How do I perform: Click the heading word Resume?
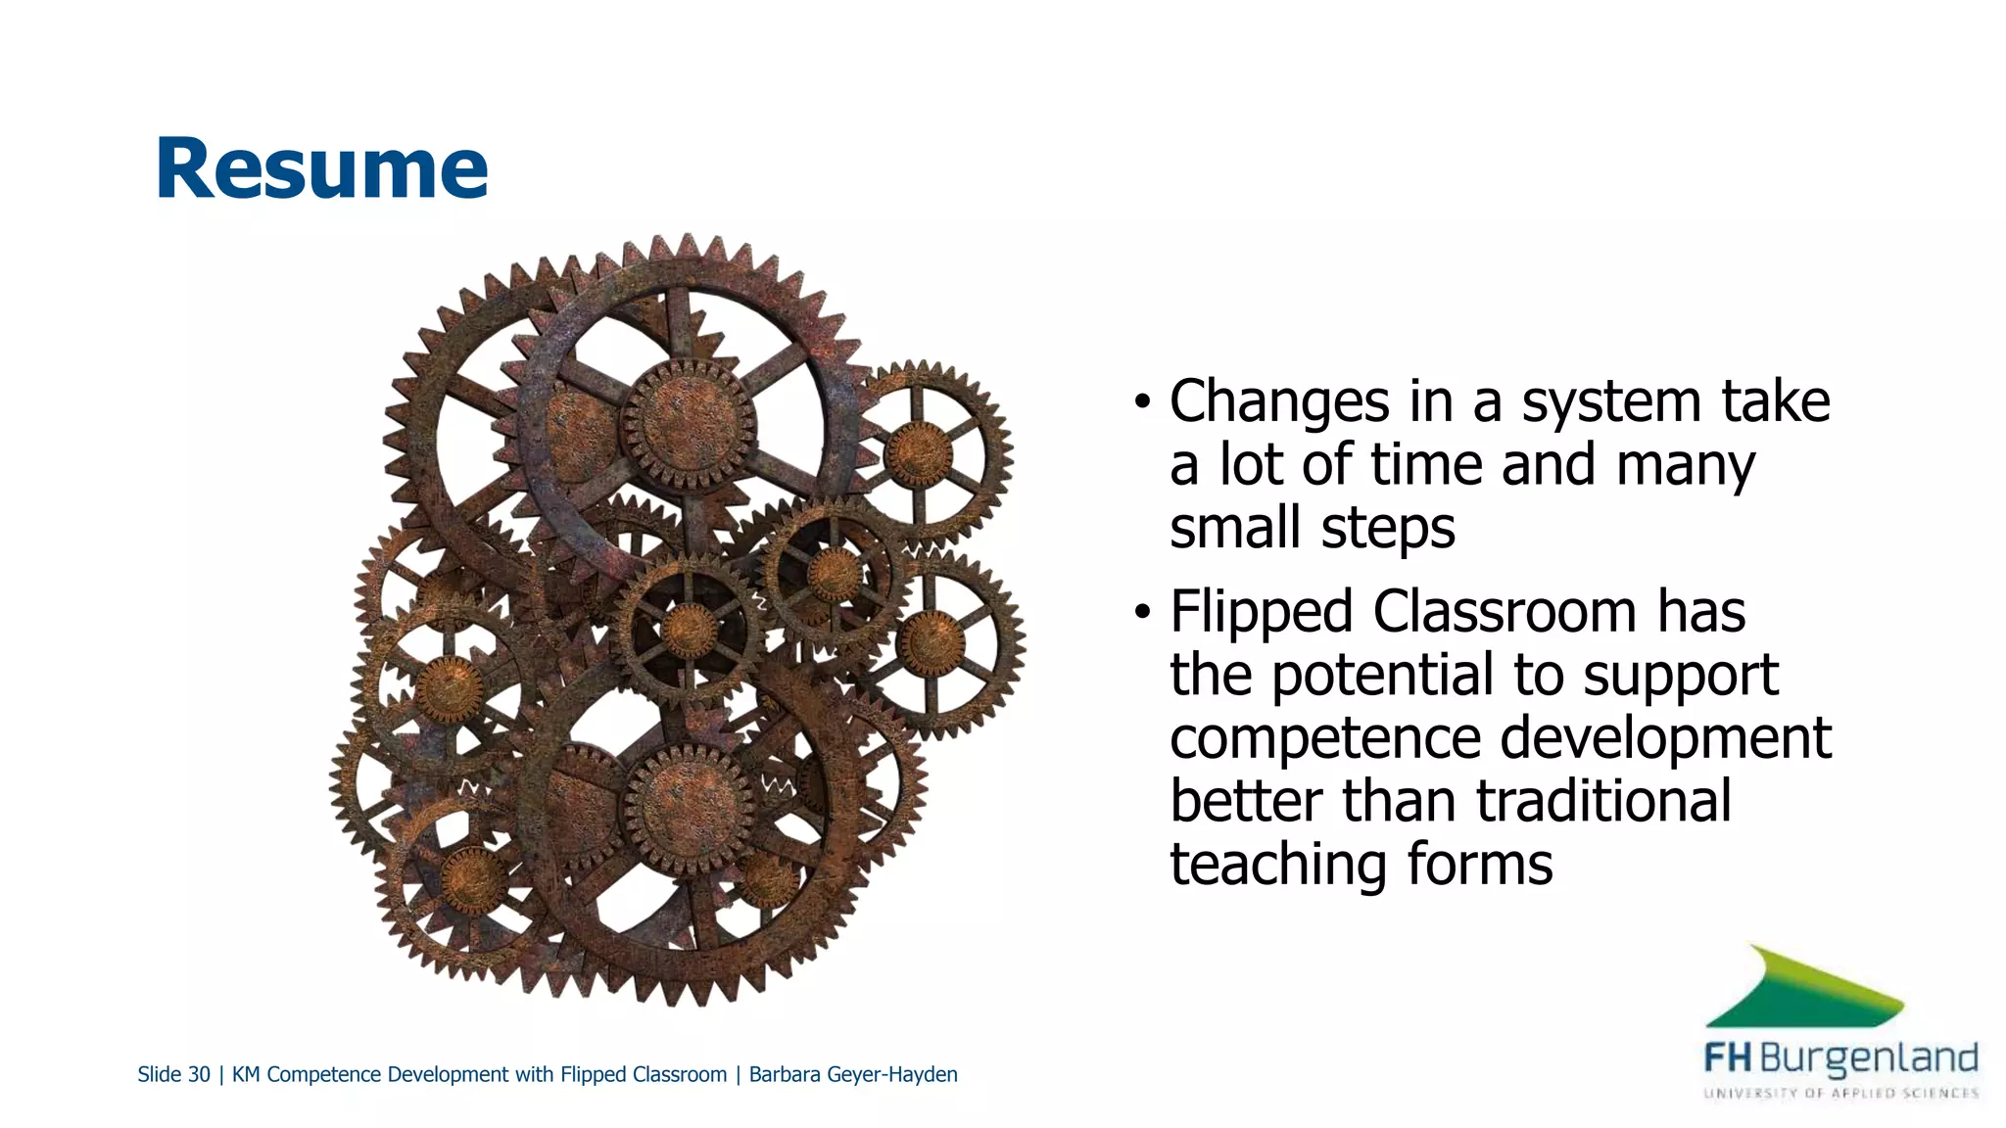321,168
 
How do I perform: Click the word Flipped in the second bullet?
1261,612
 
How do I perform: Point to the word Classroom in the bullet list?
1504,612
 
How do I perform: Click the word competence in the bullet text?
1325,738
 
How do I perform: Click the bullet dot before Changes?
1141,402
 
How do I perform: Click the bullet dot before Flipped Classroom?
1141,613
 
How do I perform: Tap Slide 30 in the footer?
173,1074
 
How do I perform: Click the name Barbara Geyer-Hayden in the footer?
852,1074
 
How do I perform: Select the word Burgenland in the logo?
1868,1059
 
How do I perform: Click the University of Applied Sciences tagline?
1840,1093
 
